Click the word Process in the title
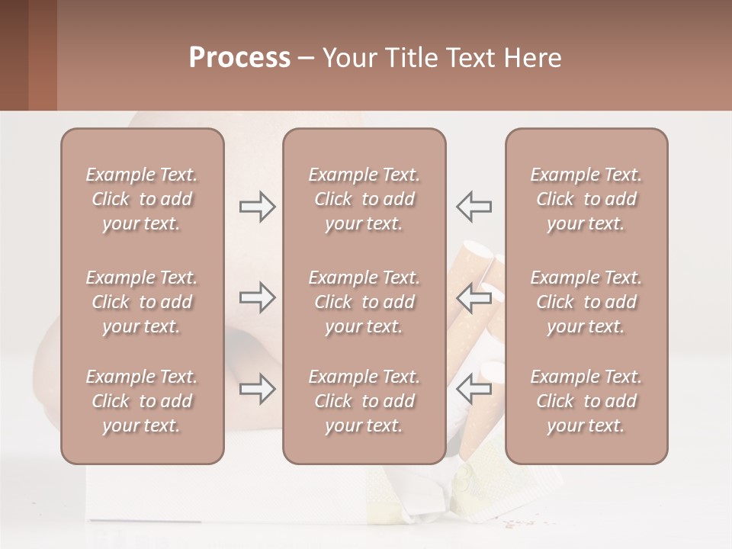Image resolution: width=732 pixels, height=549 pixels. point(239,58)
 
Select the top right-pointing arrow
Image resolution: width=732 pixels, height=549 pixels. point(257,207)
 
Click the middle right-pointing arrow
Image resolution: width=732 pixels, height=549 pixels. point(257,297)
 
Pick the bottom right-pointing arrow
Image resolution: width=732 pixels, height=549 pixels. point(257,389)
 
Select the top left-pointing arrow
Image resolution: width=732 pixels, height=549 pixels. point(474,207)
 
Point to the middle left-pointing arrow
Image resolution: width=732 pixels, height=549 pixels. point(474,297)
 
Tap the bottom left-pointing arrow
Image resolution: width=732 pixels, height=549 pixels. point(474,389)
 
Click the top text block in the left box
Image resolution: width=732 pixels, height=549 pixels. point(142,199)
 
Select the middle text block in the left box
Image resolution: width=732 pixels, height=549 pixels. point(142,302)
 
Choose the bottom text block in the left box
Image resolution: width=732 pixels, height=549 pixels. point(142,401)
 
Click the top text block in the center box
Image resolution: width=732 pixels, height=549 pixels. point(364,199)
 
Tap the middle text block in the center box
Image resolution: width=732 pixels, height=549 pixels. point(364,302)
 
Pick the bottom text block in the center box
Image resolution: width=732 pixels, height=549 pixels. point(364,401)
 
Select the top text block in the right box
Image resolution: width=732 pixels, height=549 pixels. point(586,199)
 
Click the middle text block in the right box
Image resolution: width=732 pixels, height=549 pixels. point(586,302)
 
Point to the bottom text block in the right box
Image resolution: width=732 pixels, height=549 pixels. point(586,401)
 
